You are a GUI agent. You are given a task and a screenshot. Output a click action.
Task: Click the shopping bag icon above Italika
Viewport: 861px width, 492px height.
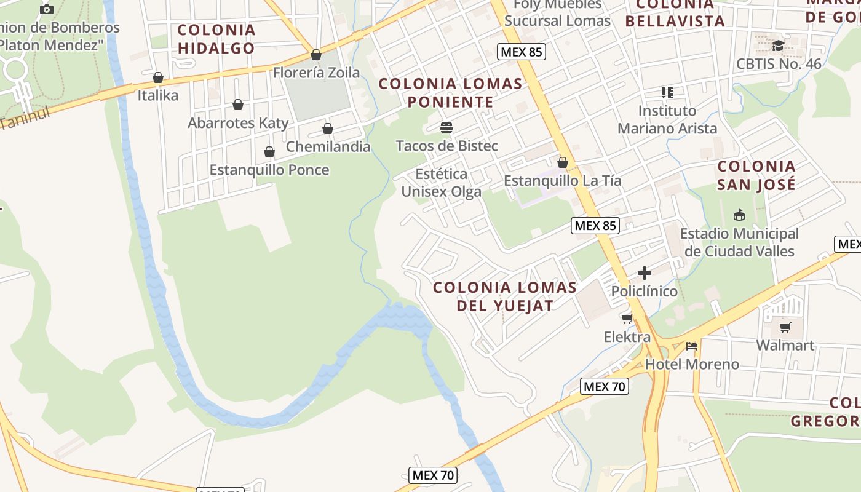[x=158, y=77]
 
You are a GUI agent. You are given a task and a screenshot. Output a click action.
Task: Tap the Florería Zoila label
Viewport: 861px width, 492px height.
[x=316, y=73]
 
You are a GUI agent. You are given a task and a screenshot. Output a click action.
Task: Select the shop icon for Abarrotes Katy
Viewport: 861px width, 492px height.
[x=238, y=105]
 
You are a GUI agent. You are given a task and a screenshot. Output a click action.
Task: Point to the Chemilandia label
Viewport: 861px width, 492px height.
[x=328, y=146]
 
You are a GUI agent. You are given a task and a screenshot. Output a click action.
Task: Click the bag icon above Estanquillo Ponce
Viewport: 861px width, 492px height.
[x=269, y=152]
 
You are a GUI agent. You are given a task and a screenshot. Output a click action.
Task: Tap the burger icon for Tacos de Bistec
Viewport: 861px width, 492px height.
[x=446, y=128]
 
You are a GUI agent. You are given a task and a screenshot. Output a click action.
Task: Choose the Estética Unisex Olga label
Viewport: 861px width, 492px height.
[x=441, y=183]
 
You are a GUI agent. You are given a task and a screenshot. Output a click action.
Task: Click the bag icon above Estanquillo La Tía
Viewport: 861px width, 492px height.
[x=562, y=163]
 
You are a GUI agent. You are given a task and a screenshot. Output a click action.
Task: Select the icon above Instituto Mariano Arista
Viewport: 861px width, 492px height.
[x=667, y=93]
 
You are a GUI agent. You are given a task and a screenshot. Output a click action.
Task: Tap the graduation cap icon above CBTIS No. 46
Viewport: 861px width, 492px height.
[x=778, y=46]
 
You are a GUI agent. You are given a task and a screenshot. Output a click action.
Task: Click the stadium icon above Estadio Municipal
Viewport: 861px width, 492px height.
[x=739, y=215]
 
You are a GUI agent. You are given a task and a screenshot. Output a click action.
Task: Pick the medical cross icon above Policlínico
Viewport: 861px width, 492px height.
[x=644, y=273]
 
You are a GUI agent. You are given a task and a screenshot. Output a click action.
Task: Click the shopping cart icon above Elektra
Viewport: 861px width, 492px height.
[x=627, y=319]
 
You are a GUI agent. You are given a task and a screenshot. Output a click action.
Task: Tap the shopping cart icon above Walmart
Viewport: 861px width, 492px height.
[x=785, y=327]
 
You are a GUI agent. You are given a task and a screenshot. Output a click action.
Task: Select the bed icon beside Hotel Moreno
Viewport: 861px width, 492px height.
[x=692, y=346]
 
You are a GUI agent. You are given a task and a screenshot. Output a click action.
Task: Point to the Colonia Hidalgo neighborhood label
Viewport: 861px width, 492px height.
[x=216, y=39]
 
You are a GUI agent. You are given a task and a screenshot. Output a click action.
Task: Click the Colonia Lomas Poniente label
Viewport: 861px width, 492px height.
[x=450, y=92]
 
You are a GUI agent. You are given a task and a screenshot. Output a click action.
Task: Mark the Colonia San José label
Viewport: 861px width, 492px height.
[x=756, y=175]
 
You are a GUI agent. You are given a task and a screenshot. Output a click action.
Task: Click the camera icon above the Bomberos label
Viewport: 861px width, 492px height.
[x=46, y=9]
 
